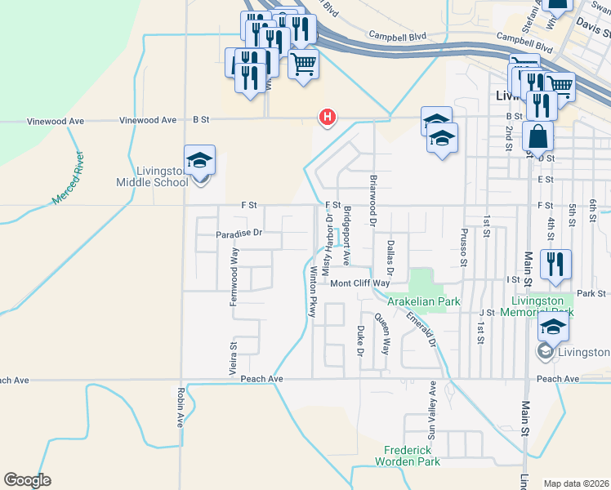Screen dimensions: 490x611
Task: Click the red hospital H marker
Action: click(328, 118)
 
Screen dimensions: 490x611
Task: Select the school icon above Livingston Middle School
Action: click(198, 160)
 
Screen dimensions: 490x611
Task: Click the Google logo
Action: click(27, 480)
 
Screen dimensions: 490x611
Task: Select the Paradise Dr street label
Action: click(239, 234)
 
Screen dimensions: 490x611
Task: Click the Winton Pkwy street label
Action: click(311, 291)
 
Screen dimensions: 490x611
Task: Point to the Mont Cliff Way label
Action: click(360, 283)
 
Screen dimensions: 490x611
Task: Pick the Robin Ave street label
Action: click(180, 407)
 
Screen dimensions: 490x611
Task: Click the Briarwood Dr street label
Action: click(372, 199)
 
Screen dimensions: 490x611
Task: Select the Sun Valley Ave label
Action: click(432, 408)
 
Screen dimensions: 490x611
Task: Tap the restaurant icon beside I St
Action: click(555, 265)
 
